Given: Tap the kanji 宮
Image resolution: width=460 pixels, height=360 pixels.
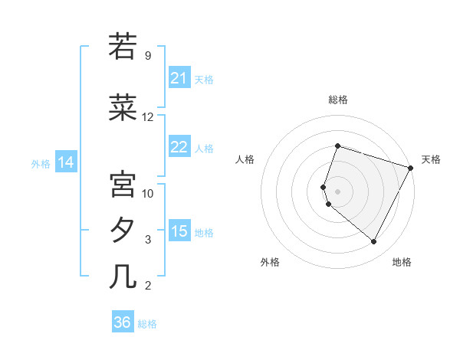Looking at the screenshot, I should click(x=123, y=184).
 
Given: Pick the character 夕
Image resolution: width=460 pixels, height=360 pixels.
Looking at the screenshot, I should click(x=123, y=230).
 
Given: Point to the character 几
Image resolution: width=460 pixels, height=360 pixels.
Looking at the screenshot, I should click(x=123, y=276).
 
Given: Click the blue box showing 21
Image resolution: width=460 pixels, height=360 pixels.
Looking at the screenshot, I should click(x=179, y=78).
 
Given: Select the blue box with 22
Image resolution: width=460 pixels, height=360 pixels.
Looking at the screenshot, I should click(x=179, y=147).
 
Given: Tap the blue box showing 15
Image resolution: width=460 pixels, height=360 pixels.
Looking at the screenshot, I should click(x=179, y=231).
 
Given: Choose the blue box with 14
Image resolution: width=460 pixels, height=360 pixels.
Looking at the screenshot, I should click(x=66, y=162).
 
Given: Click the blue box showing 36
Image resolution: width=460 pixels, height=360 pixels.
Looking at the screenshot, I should click(x=123, y=322).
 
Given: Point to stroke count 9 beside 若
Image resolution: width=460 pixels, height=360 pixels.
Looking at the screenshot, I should click(x=147, y=56).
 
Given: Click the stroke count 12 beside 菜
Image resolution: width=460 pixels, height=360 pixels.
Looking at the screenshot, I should click(x=148, y=117).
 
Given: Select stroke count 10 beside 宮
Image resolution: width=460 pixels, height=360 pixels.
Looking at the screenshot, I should click(x=148, y=193).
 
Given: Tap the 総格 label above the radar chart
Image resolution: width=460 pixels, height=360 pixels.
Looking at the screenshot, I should click(x=337, y=100).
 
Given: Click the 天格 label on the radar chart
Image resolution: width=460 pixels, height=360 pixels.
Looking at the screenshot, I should click(x=431, y=159).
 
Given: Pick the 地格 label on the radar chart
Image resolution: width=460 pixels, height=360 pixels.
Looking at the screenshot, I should click(x=402, y=262).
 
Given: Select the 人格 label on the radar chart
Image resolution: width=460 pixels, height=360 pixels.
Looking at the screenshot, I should click(x=245, y=159).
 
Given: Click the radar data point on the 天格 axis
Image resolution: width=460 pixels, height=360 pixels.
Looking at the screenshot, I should click(x=411, y=168).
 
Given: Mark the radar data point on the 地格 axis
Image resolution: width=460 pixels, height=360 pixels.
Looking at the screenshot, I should click(x=374, y=242).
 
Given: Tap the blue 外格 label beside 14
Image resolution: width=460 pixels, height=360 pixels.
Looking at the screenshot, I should click(x=41, y=163).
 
